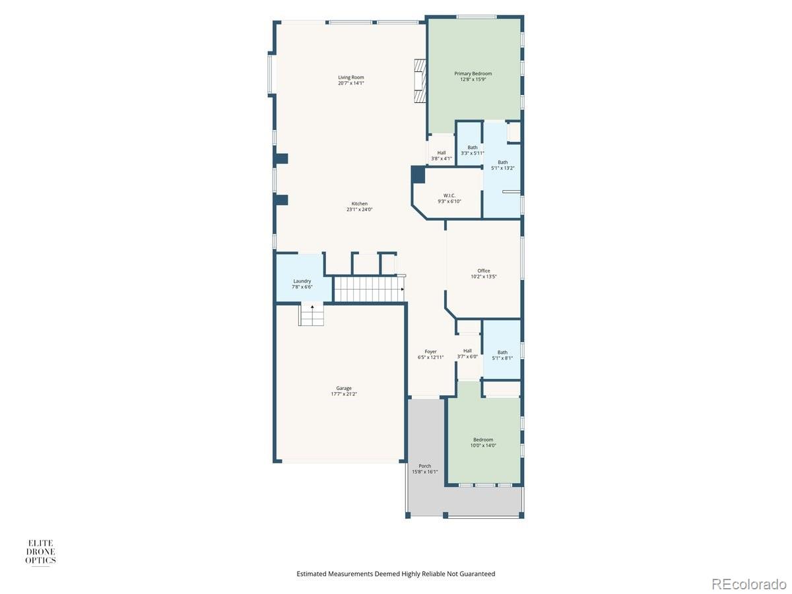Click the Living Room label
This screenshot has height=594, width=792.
pos(350,77)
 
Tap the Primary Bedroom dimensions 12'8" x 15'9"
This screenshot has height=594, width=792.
pos(473,79)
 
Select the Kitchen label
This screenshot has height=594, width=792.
pos(360,204)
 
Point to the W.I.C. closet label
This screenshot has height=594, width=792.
pos(449,195)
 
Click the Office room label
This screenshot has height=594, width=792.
pos(484,271)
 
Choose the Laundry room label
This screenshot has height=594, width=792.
pos(302,281)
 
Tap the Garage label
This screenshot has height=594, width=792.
pos(343,389)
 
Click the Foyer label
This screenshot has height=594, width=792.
pos(430,352)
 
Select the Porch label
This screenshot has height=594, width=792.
pos(424,466)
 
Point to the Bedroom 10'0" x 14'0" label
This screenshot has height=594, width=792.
pos(483,442)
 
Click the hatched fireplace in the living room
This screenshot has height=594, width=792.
pos(420,81)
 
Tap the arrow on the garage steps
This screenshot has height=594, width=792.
pos(312,308)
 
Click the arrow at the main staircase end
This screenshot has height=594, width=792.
pos(403,289)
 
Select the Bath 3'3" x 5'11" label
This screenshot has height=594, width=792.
pos(473,150)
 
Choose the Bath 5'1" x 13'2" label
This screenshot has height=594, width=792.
pos(503,165)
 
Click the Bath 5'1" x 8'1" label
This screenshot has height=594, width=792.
pos(502,355)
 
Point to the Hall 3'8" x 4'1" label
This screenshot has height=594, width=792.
pos(442,156)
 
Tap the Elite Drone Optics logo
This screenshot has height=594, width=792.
pos(40,552)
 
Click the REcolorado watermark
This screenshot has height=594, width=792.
pos(747,583)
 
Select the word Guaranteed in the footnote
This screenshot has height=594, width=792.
pos(477,574)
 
